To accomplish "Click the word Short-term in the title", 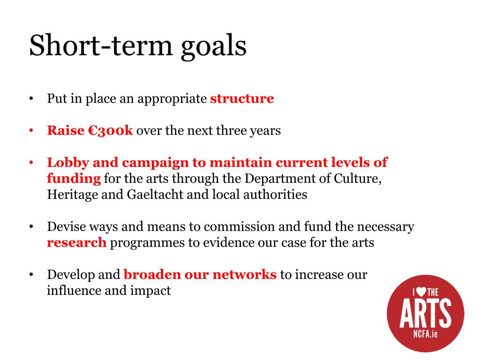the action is tap(101, 45).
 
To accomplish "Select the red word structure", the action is tap(242, 98).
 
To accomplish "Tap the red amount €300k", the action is tap(111, 130).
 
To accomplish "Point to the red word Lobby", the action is tap(68, 163).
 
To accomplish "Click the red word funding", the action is tap(74, 179).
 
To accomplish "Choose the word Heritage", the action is tap(72, 195).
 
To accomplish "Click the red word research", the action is tap(76, 243).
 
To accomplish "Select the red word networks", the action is tap(245, 275).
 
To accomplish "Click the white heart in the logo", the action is tap(421, 292).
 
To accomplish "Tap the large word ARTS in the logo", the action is tap(426, 313).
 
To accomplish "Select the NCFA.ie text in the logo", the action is tap(426, 334).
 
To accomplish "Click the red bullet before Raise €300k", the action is tap(31, 131).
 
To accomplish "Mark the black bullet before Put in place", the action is tap(31, 99).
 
